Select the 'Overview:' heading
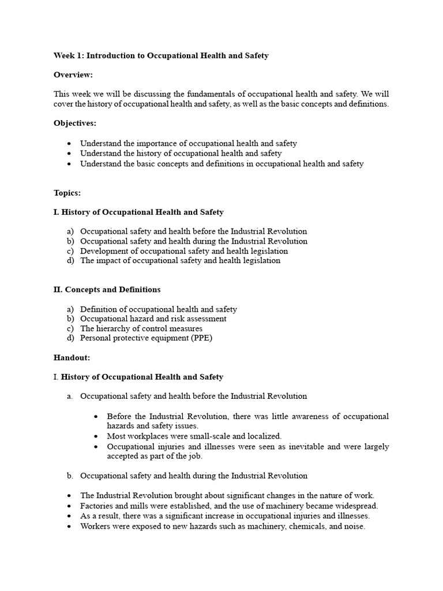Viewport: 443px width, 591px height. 73,75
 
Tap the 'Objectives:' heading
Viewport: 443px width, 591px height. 75,124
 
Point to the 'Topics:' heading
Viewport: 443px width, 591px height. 67,193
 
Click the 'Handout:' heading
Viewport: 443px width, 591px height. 72,358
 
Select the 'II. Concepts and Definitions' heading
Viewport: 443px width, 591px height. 107,290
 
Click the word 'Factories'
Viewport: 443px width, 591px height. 97,506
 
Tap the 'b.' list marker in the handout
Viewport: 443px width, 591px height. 69,476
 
